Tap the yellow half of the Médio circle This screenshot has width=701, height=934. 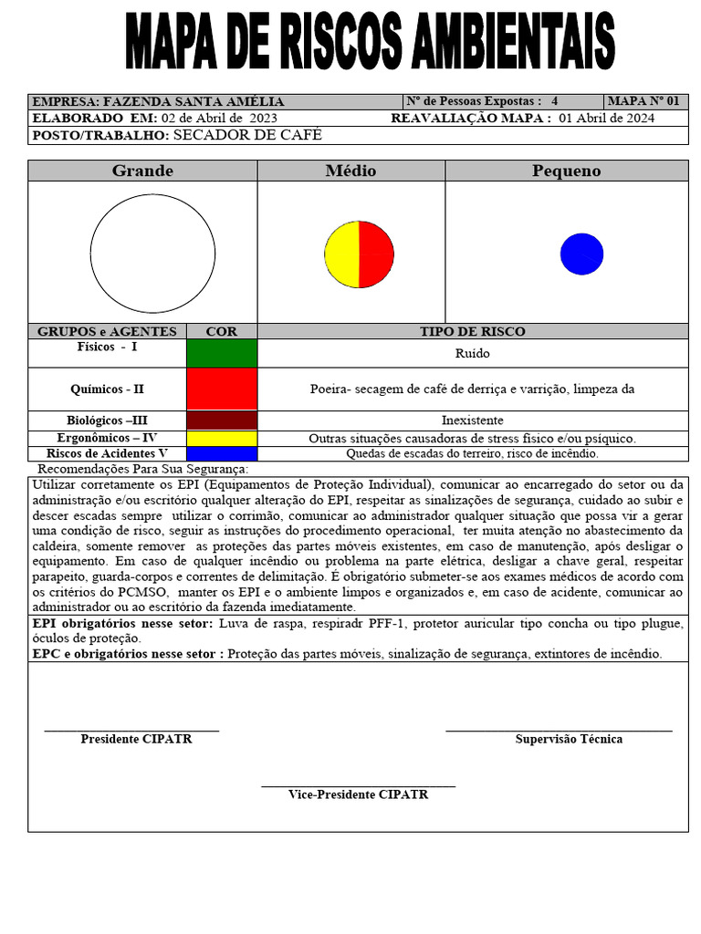coord(342,255)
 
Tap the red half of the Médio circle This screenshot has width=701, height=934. coord(376,255)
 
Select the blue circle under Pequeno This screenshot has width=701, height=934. coord(581,254)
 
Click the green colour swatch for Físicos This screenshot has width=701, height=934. coord(222,353)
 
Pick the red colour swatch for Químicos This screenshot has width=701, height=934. coord(222,389)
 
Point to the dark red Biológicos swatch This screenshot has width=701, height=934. coord(222,420)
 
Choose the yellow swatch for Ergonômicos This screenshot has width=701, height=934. coord(222,438)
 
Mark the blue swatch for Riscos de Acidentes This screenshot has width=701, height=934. coord(222,453)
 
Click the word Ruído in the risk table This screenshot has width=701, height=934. coord(473,353)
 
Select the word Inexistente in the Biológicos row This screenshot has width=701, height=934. coord(473,420)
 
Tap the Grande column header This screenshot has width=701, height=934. coord(142,171)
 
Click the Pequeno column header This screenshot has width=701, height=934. coord(566,171)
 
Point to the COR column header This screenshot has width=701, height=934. coord(222,331)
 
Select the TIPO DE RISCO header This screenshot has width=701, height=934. coord(473,331)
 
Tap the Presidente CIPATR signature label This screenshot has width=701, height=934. coord(136,739)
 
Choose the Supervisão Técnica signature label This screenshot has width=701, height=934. coord(569,739)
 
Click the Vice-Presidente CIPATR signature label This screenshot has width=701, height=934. coord(358,794)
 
